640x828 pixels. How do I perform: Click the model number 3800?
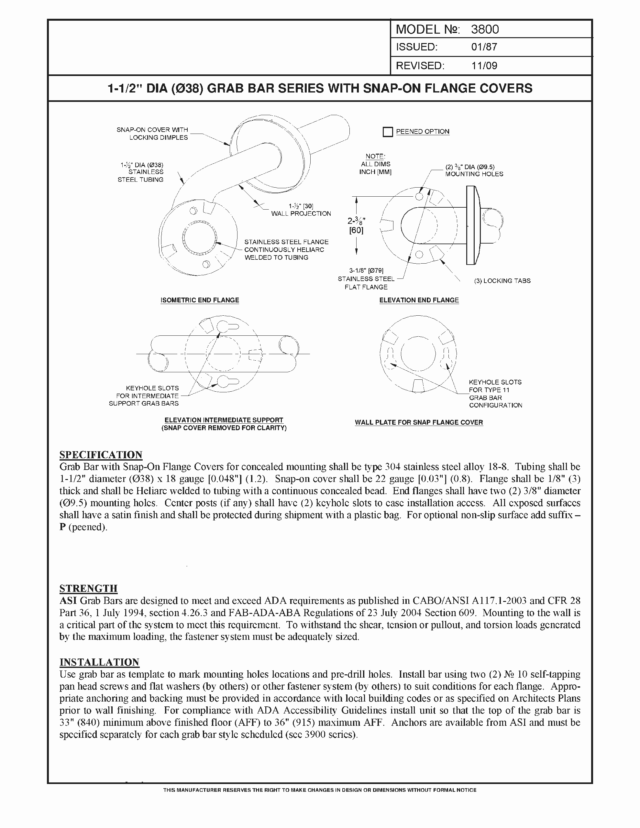point(484,29)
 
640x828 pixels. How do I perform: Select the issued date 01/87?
point(484,47)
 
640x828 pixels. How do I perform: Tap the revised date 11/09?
point(484,66)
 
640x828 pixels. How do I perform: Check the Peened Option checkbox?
point(387,132)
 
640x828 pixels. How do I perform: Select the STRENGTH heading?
point(88,588)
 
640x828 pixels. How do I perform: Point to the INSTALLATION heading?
point(99,662)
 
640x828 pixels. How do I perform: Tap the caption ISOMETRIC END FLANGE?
point(200,300)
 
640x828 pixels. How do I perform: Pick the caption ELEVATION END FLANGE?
point(419,300)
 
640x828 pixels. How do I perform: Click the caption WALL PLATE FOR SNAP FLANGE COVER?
point(418,422)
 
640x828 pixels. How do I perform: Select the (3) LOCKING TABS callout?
point(502,281)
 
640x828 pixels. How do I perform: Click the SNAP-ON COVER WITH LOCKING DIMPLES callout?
point(152,134)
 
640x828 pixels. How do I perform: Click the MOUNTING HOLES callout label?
point(474,174)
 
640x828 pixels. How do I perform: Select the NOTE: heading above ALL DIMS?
point(375,156)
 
